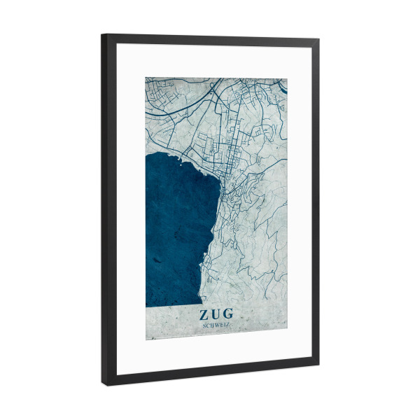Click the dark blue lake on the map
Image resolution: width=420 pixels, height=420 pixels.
175,231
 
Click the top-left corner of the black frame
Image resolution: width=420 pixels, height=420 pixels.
103,35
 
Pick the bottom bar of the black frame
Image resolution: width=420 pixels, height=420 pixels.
210,372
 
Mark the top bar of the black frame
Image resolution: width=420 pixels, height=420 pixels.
210,39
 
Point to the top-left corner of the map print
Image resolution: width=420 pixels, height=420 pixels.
146,77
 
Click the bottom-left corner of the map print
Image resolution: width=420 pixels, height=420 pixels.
146,339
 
